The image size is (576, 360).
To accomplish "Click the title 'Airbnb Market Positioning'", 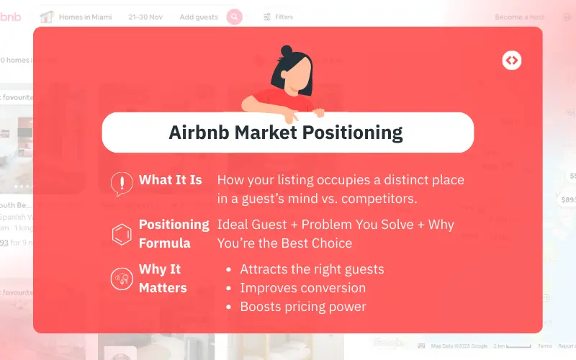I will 286,132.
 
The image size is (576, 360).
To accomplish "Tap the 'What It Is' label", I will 170,180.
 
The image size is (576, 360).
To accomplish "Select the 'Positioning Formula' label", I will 174,233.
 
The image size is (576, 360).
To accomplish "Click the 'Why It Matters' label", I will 163,278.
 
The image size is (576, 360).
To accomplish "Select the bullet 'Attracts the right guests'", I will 312,269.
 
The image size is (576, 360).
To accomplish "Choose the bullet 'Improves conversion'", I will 302,288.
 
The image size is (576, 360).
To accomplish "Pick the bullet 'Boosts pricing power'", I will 303,307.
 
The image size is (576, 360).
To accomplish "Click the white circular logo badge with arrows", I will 512,61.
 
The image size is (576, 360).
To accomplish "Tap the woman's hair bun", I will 287,52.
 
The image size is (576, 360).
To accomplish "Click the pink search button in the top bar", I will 234,17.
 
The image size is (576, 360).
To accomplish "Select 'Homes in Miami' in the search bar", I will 86,17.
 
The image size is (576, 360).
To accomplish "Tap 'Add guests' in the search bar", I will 199,17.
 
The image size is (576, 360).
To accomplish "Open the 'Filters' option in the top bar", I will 278,17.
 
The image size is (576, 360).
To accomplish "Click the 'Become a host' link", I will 519,17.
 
